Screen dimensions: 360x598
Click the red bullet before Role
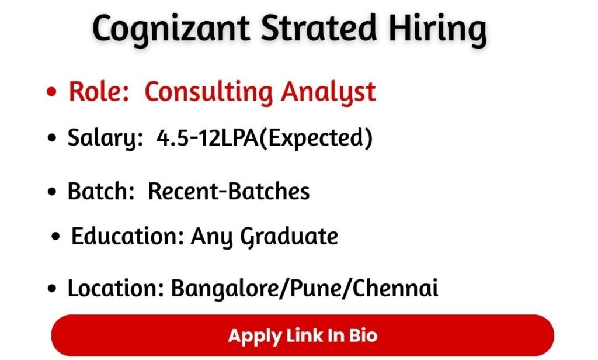click(x=54, y=93)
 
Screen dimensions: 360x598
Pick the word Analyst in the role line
click(x=328, y=93)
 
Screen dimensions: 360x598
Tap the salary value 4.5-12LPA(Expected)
click(x=264, y=139)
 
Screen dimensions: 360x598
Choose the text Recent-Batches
click(x=229, y=191)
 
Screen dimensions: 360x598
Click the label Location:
click(x=115, y=288)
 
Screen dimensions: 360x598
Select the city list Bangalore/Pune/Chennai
click(x=304, y=288)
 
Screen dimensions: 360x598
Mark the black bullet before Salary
click(x=54, y=140)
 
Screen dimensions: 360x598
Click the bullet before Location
click(x=54, y=289)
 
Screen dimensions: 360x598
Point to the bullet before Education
click(x=57, y=237)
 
